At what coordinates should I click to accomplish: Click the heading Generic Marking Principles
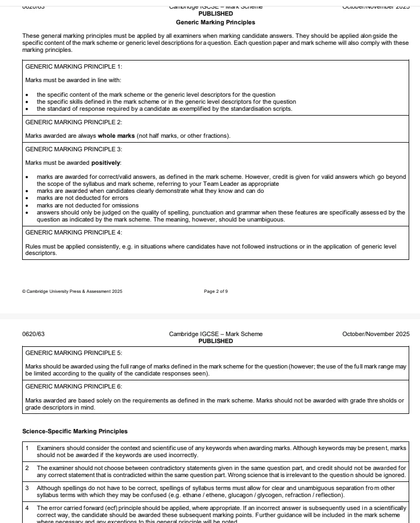215,23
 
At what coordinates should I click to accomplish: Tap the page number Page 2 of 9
216,292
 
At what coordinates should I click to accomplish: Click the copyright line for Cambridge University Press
72,292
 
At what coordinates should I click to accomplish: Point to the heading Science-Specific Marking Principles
75,432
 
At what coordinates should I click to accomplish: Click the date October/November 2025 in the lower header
376,334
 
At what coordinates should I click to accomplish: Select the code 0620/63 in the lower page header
33,334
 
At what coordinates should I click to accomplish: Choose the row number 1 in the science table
27,448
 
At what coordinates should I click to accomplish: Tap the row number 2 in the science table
27,467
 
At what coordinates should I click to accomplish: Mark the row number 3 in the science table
27,487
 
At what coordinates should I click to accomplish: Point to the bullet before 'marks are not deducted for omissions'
27,206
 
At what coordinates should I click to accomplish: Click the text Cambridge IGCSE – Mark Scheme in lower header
215,334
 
